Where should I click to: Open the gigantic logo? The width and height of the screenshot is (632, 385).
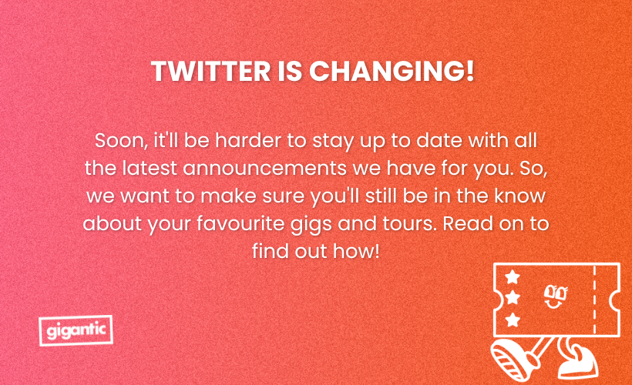(75, 330)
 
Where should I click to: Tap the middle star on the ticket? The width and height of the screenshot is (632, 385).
(513, 297)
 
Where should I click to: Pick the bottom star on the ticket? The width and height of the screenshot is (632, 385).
(513, 318)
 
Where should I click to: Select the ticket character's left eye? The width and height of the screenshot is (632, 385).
(549, 292)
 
